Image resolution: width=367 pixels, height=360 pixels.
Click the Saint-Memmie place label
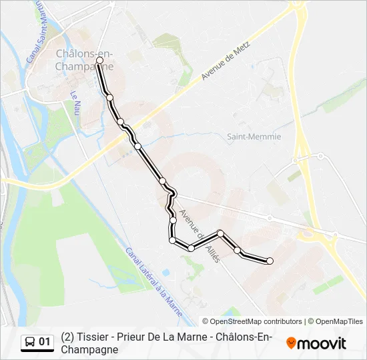pyautogui.click(x=254, y=137)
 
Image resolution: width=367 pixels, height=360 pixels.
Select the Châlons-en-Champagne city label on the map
pyautogui.click(x=84, y=60)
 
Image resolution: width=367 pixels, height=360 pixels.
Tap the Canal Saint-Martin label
pyautogui.click(x=35, y=33)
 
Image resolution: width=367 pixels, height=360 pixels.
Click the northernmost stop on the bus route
pyautogui.click(x=99, y=60)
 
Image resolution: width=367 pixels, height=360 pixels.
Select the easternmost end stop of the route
pyautogui.click(x=270, y=261)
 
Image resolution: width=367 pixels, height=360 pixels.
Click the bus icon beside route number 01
pyautogui.click(x=30, y=342)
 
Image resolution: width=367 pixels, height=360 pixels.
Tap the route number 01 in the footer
pyautogui.click(x=45, y=342)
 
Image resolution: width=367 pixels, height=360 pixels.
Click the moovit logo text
pyautogui.click(x=322, y=343)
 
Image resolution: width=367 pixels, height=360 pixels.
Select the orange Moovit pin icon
pyautogui.click(x=292, y=343)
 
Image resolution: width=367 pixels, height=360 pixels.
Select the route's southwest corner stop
pyautogui.click(x=172, y=240)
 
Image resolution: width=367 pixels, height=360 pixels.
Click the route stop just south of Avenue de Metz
pyautogui.click(x=137, y=146)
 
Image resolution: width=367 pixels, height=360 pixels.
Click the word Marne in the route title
pyautogui.click(x=197, y=337)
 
